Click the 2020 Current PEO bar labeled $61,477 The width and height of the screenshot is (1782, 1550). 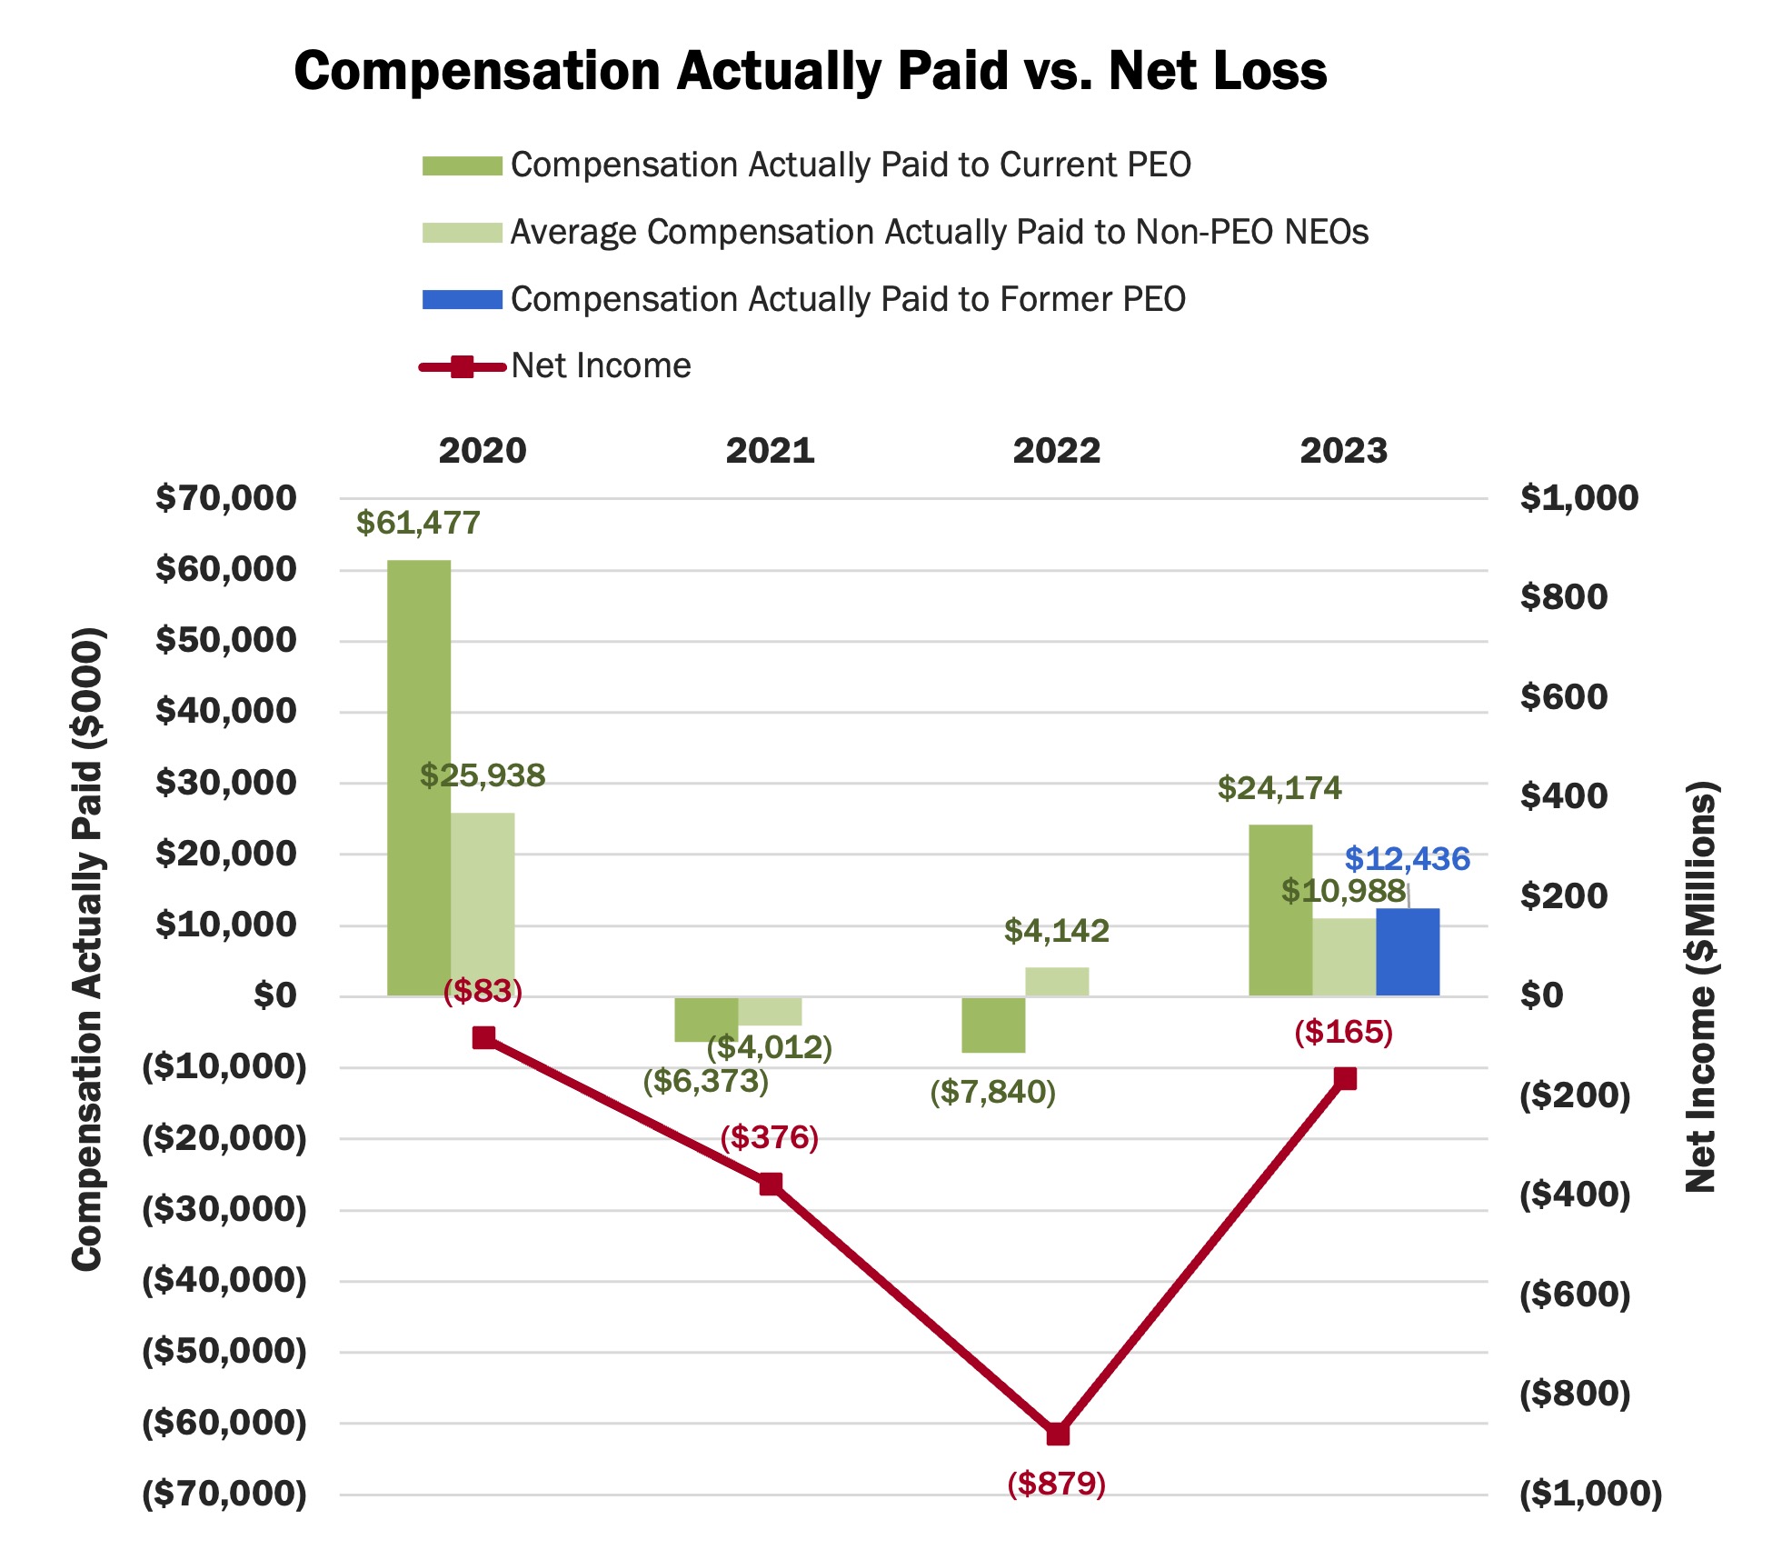(419, 777)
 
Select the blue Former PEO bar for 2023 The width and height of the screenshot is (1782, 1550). (1407, 952)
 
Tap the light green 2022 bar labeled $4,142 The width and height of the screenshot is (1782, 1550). (1057, 982)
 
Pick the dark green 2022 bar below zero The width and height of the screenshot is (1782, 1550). (993, 1025)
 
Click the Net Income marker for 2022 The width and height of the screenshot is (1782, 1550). (1058, 1434)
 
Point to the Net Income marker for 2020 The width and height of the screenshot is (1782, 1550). (484, 1037)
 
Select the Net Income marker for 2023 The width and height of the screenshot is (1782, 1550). (1345, 1078)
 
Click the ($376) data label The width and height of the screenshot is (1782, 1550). (770, 1137)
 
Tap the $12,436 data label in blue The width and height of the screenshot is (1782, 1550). (1407, 858)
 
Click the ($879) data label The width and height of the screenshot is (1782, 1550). (1056, 1484)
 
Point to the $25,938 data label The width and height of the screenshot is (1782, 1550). (483, 775)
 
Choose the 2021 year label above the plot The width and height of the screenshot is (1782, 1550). (770, 451)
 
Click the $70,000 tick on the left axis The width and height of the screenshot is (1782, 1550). (226, 498)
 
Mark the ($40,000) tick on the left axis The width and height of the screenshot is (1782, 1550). (224, 1280)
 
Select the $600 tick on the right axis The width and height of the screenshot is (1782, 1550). (1563, 697)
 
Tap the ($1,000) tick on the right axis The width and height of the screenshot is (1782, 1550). (1590, 1494)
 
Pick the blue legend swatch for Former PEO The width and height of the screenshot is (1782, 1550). (462, 300)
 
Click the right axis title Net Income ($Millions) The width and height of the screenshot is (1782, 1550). (1700, 986)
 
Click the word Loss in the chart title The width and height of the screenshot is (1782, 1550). (1270, 71)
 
